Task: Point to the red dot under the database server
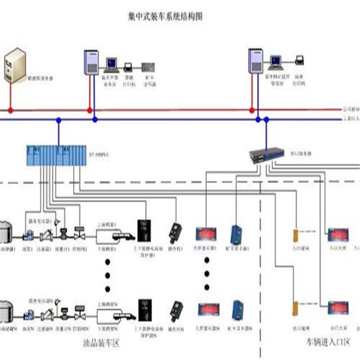(11, 110)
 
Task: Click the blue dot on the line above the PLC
(59, 120)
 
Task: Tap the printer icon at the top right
(300, 60)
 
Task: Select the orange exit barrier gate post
(295, 308)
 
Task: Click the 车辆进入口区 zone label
(329, 342)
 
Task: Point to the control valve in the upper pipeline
(79, 235)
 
